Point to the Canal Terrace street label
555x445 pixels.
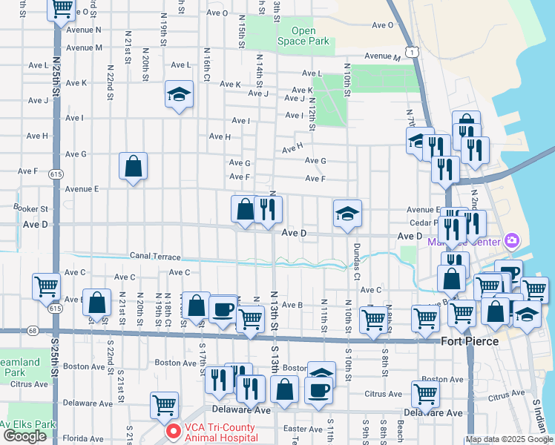pos(155,256)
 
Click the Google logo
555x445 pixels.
pos(24,436)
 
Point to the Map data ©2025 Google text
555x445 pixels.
pos(509,439)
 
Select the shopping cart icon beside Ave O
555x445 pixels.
pos(62,9)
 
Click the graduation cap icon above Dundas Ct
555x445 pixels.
pos(347,214)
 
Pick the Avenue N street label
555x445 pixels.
pos(84,30)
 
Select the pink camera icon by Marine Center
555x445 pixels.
pos(510,240)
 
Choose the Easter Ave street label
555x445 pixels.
pos(303,429)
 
